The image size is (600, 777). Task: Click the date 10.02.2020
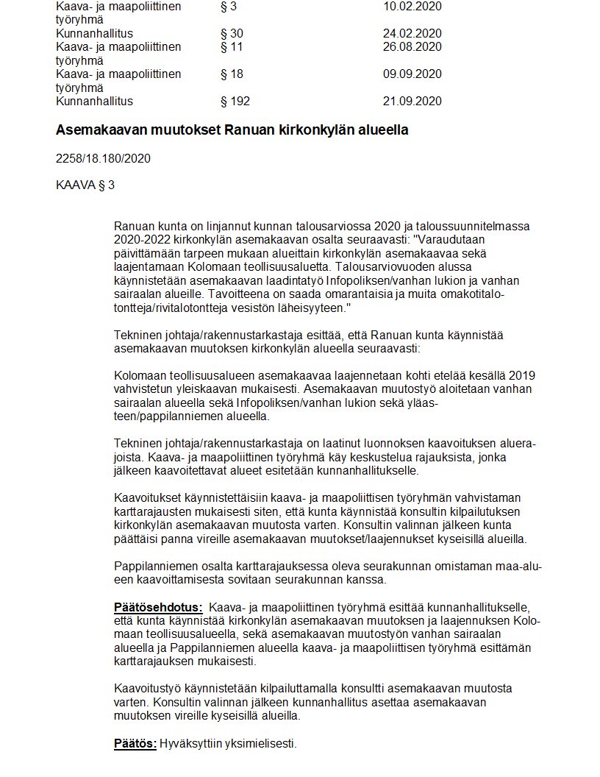pyautogui.click(x=412, y=6)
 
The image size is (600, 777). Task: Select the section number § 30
pyautogui.click(x=232, y=33)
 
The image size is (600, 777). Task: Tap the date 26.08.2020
pyautogui.click(x=412, y=47)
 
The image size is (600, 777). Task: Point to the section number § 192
pyautogui.click(x=235, y=101)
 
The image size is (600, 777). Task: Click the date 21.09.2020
pyautogui.click(x=412, y=101)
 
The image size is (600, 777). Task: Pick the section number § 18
pyautogui.click(x=232, y=74)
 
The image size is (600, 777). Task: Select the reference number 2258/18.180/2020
pyautogui.click(x=103, y=158)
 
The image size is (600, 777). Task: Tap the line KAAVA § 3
pyautogui.click(x=85, y=185)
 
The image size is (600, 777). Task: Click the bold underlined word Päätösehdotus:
pyautogui.click(x=158, y=608)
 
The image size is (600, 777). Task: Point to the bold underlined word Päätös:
pyautogui.click(x=135, y=743)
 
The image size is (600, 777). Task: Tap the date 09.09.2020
pyautogui.click(x=412, y=74)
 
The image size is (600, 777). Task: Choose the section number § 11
pyautogui.click(x=232, y=47)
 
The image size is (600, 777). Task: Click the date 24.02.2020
pyautogui.click(x=412, y=33)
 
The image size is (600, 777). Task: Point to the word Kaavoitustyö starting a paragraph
pyautogui.click(x=147, y=689)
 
